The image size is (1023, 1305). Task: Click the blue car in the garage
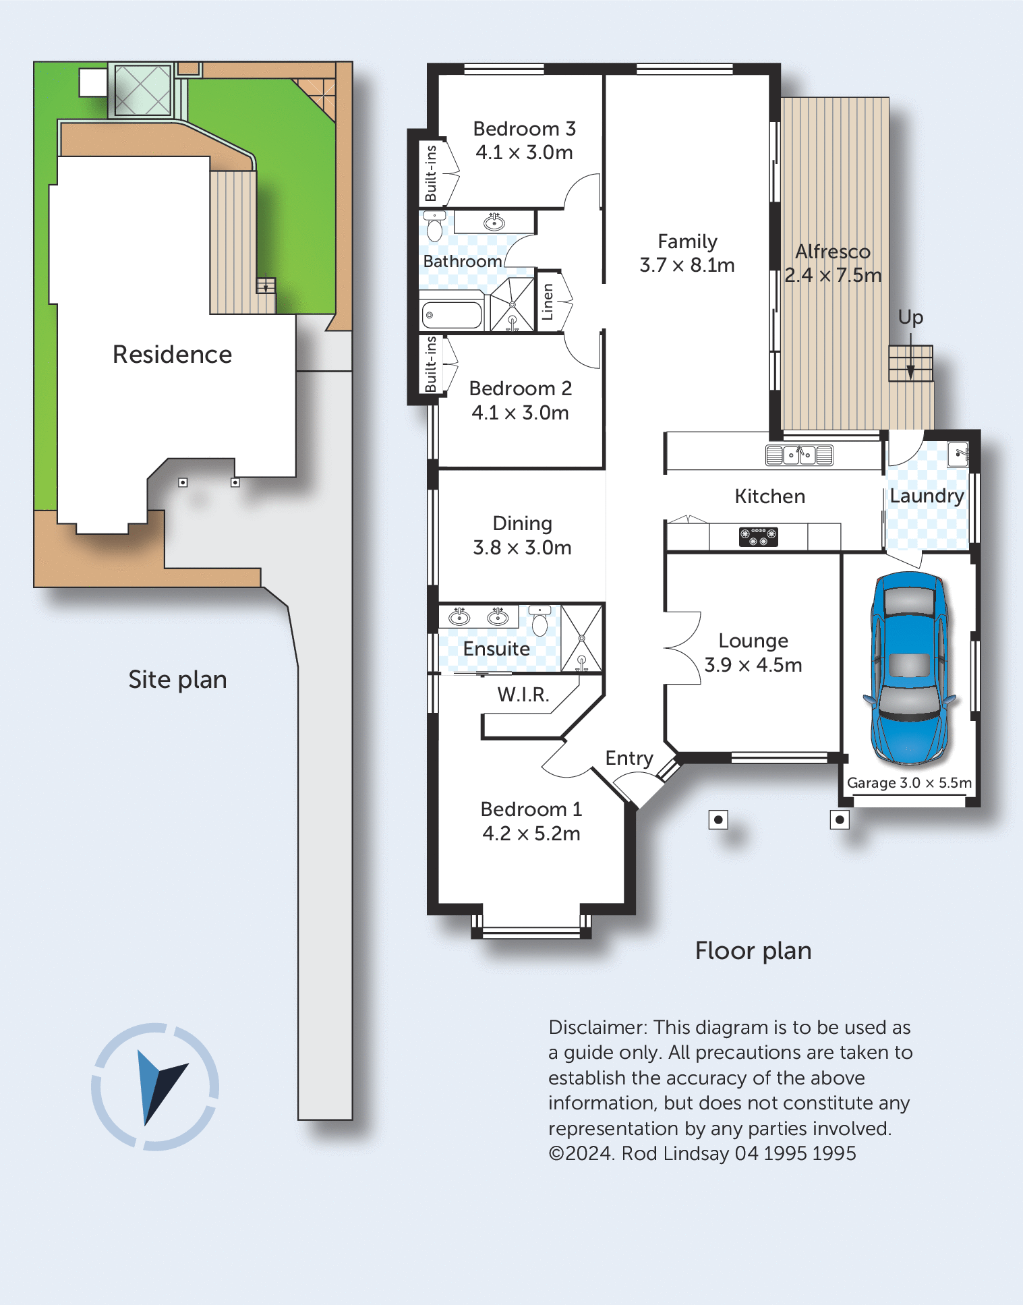coord(909,668)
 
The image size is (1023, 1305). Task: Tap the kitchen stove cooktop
coord(759,537)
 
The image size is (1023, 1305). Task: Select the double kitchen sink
coord(799,455)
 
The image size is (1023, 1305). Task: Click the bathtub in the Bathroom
coord(452,315)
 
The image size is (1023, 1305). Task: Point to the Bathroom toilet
coord(435,227)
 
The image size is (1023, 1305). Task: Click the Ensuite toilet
coord(539,620)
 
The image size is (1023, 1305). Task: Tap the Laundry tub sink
coord(958,454)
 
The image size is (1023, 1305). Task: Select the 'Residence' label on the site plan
coord(172,354)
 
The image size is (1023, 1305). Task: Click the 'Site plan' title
coord(177,680)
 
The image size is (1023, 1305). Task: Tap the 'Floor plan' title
coord(753,951)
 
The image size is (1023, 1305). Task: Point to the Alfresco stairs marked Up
coord(910,364)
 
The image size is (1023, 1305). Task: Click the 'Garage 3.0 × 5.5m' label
coord(909,783)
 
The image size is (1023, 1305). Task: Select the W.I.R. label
coord(523,695)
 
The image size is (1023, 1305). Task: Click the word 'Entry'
coord(629,759)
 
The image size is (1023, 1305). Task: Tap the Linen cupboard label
coord(548,301)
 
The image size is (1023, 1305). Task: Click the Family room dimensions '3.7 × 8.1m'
coord(687,265)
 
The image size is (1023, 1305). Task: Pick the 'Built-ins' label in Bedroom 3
coord(431,173)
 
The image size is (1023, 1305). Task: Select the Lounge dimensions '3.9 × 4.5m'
coord(753,665)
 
